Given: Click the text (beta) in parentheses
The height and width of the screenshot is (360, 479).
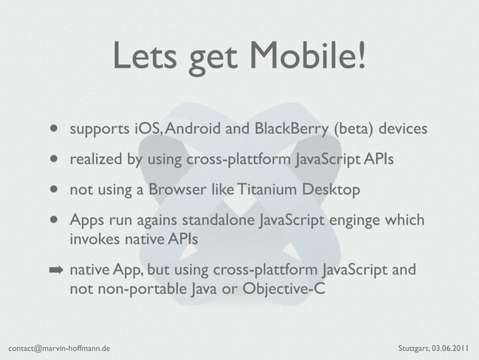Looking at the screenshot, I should point(351,130).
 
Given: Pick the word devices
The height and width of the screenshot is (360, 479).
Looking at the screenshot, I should point(402,130).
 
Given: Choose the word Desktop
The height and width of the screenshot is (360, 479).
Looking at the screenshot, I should point(330,189).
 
